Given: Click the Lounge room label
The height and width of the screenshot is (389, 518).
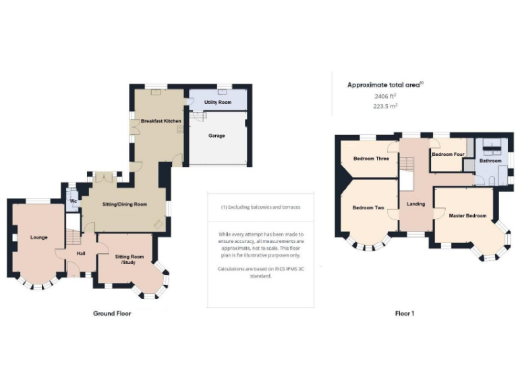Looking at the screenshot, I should click(x=38, y=238).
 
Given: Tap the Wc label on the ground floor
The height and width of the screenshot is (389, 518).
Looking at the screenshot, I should click(x=71, y=201).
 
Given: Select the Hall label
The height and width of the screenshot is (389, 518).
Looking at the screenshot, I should click(x=81, y=253).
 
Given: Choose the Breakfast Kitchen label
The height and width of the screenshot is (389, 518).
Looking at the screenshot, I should click(x=161, y=120).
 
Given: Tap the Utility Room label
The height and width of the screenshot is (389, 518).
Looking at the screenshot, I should click(x=218, y=102).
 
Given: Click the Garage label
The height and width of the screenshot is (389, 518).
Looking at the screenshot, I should click(x=217, y=136).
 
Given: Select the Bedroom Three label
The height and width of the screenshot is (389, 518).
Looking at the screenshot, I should click(x=371, y=159).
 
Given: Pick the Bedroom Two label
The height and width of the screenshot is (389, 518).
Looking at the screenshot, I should click(x=368, y=207).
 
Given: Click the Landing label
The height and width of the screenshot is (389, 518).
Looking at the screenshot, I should click(x=416, y=203).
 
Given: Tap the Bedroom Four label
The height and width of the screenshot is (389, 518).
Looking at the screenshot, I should click(x=448, y=155).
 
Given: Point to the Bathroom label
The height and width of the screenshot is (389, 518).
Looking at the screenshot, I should click(x=490, y=161).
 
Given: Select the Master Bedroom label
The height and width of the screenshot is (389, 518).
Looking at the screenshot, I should click(x=467, y=215).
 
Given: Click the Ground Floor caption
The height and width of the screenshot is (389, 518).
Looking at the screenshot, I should click(x=112, y=313).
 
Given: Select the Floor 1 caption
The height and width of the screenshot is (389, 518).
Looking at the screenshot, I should click(x=404, y=313).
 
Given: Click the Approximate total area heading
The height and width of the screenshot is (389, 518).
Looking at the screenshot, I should click(x=385, y=85).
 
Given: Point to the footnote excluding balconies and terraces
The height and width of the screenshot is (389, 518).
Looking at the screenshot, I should click(x=260, y=207).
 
